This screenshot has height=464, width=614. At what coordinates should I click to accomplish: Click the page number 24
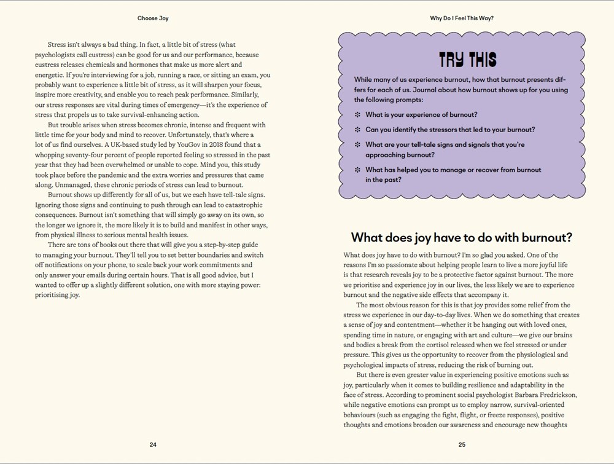(153, 444)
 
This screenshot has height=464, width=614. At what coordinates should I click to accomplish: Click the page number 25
(462, 444)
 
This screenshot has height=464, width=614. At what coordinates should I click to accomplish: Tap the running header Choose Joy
(153, 18)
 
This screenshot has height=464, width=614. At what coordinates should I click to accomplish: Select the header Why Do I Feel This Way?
(462, 18)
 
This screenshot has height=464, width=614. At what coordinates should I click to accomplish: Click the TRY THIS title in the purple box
(467, 60)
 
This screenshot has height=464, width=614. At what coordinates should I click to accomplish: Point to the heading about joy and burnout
(461, 237)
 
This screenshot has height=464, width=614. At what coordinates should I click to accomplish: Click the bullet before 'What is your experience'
(358, 115)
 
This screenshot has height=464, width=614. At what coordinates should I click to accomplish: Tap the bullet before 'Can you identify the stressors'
(358, 130)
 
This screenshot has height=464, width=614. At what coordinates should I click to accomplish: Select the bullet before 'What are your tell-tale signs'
(358, 145)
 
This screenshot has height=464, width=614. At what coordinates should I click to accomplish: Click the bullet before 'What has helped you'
(358, 170)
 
